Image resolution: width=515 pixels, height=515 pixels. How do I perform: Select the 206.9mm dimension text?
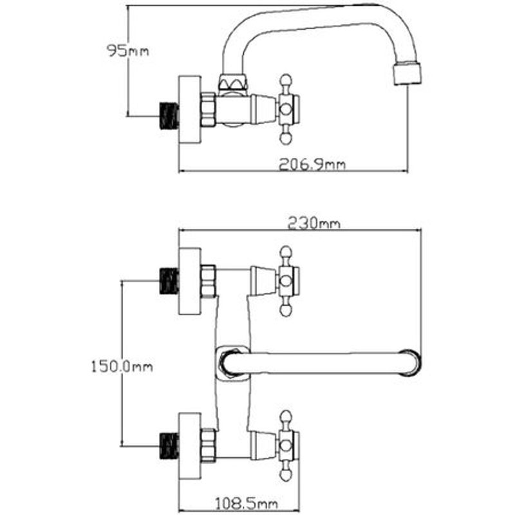pyautogui.click(x=312, y=164)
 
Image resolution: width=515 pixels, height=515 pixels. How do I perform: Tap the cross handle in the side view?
pyautogui.click(x=286, y=108)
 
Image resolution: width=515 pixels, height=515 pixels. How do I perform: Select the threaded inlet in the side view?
pyautogui.click(x=168, y=115)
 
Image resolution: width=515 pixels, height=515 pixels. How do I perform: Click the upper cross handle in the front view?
pyautogui.click(x=287, y=281)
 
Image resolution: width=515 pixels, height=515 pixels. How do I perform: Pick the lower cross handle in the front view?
pyautogui.click(x=287, y=444)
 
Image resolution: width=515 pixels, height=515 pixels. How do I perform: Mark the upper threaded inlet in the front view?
pyautogui.click(x=168, y=281)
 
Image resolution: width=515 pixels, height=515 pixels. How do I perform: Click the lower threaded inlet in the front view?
pyautogui.click(x=168, y=444)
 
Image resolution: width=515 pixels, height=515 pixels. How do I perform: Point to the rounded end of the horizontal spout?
pyautogui.click(x=411, y=362)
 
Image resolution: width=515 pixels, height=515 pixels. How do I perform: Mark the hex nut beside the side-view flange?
pyautogui.click(x=209, y=109)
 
